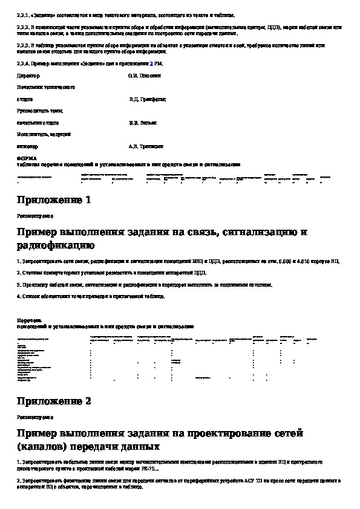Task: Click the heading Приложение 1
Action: [54, 200]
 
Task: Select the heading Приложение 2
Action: [54, 401]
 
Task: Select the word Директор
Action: [27, 76]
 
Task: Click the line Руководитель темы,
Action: [40, 111]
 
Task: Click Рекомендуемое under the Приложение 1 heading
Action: [34, 215]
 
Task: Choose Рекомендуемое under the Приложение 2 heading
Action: [34, 417]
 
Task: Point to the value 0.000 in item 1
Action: [295, 261]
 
